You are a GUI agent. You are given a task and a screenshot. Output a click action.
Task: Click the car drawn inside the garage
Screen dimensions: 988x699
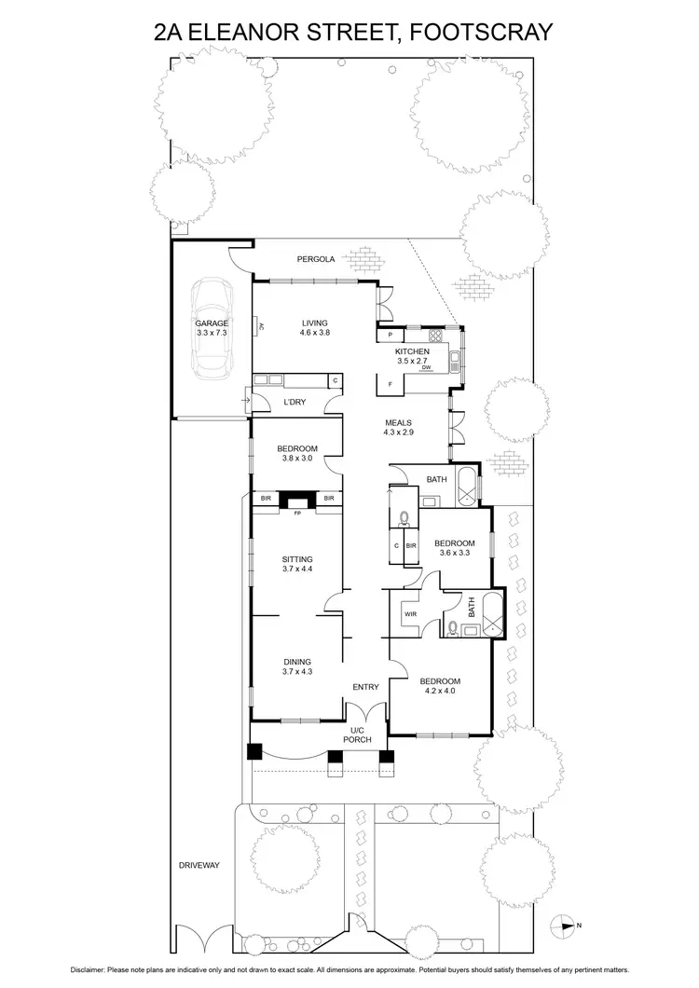click(x=211, y=326)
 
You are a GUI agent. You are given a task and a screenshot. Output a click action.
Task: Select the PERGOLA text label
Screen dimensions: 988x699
click(x=315, y=259)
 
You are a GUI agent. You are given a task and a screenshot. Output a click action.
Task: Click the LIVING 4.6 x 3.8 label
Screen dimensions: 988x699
click(x=315, y=327)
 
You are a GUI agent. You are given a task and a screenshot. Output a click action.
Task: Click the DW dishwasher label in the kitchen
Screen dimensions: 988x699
click(x=425, y=368)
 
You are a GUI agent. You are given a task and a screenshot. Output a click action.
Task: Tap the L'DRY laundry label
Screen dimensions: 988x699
click(x=295, y=402)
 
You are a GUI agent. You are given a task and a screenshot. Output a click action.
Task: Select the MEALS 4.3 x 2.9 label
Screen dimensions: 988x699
click(x=398, y=427)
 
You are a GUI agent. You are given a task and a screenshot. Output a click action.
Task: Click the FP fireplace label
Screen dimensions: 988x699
click(x=297, y=514)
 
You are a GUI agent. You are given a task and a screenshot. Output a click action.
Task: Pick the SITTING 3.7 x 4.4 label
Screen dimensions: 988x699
click(x=297, y=564)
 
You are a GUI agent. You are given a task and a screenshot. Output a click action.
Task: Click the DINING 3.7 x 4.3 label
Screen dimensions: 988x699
click(x=297, y=666)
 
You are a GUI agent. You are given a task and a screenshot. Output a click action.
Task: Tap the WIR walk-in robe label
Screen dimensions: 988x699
click(x=409, y=614)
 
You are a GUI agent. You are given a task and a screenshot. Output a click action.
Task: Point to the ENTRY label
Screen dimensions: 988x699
click(x=365, y=687)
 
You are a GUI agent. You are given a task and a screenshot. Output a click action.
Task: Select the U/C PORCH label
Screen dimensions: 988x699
click(x=360, y=734)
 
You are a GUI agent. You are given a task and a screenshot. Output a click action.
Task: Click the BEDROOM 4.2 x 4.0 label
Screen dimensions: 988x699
click(x=441, y=686)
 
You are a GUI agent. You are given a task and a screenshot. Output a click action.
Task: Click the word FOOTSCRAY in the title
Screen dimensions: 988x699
click(x=473, y=34)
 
